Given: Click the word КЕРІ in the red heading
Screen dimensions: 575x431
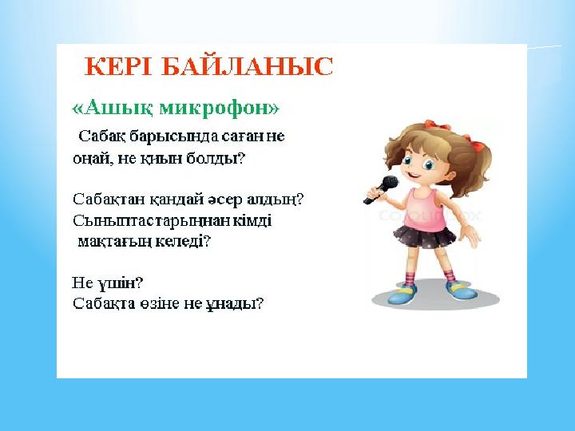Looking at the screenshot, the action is click(x=118, y=66).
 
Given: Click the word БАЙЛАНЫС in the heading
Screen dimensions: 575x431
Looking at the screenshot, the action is click(x=247, y=66).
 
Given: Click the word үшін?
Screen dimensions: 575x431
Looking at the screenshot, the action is click(x=120, y=283).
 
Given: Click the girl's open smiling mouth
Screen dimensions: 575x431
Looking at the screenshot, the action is click(x=414, y=174).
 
